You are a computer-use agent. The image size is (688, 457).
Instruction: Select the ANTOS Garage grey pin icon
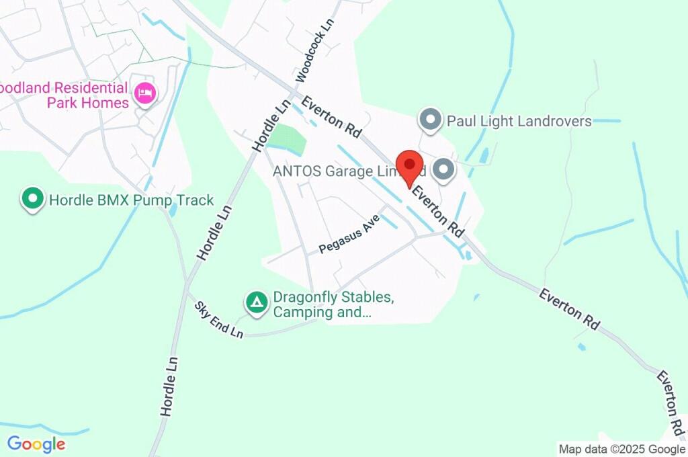pos(443,170)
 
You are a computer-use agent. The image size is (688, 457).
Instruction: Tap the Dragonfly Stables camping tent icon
pos(255,302)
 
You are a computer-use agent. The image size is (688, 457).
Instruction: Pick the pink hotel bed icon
pos(144,93)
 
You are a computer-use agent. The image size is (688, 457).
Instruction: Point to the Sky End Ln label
pos(218,320)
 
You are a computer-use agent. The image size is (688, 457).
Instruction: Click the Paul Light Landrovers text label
pos(519,121)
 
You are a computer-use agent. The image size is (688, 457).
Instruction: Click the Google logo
pos(36,444)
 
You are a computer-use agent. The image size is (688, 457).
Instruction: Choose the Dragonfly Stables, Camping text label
pos(333,304)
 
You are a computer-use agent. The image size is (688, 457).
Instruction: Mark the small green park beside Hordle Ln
pos(287,140)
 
